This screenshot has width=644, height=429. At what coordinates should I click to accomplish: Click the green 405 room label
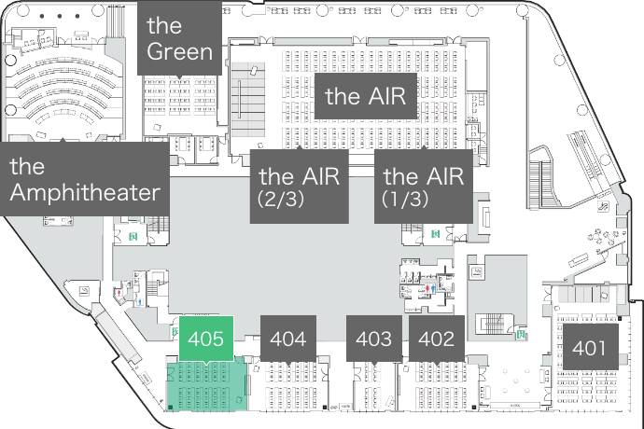205,339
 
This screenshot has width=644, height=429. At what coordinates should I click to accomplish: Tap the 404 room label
287,339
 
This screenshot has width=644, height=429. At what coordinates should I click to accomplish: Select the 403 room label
374,339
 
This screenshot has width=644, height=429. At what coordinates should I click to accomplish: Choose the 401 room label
590,349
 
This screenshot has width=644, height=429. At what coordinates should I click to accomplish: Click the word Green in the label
180,51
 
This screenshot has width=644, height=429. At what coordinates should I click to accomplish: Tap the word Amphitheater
84,193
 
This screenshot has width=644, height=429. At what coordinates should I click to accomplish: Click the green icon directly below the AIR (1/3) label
435,231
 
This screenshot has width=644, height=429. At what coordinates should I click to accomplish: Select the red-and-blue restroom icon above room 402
428,289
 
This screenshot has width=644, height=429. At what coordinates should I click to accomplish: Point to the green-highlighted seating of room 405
205,384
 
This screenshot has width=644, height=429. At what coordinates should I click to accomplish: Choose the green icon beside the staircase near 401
520,332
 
